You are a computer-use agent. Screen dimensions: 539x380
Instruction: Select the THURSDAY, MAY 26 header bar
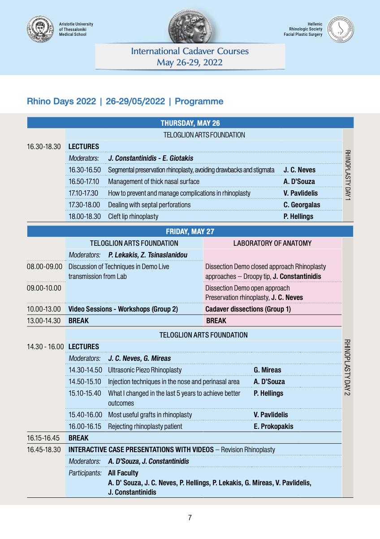[x=190, y=123]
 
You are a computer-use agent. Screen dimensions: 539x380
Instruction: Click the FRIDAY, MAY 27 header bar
[x=190, y=231]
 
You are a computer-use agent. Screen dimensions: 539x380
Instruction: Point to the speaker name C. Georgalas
[x=302, y=205]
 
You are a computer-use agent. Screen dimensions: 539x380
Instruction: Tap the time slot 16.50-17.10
[x=85, y=181]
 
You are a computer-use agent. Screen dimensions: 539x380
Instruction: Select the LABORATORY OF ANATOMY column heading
[x=272, y=243]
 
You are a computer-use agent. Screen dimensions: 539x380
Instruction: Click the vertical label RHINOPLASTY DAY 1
[x=348, y=175]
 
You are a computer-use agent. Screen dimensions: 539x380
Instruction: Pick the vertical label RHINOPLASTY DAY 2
[x=348, y=367]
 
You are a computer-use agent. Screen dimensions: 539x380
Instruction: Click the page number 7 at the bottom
[x=190, y=518]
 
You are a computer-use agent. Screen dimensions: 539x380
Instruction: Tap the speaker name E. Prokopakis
[x=273, y=426]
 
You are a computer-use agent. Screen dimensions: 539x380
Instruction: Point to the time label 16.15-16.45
[x=44, y=438]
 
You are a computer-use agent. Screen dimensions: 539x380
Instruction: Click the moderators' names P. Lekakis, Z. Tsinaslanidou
[x=148, y=255]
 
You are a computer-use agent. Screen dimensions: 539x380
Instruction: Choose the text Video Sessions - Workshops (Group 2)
[x=123, y=309]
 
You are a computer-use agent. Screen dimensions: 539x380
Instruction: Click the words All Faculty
[x=123, y=473]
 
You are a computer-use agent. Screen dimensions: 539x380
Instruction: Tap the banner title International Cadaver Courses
[x=190, y=51]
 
